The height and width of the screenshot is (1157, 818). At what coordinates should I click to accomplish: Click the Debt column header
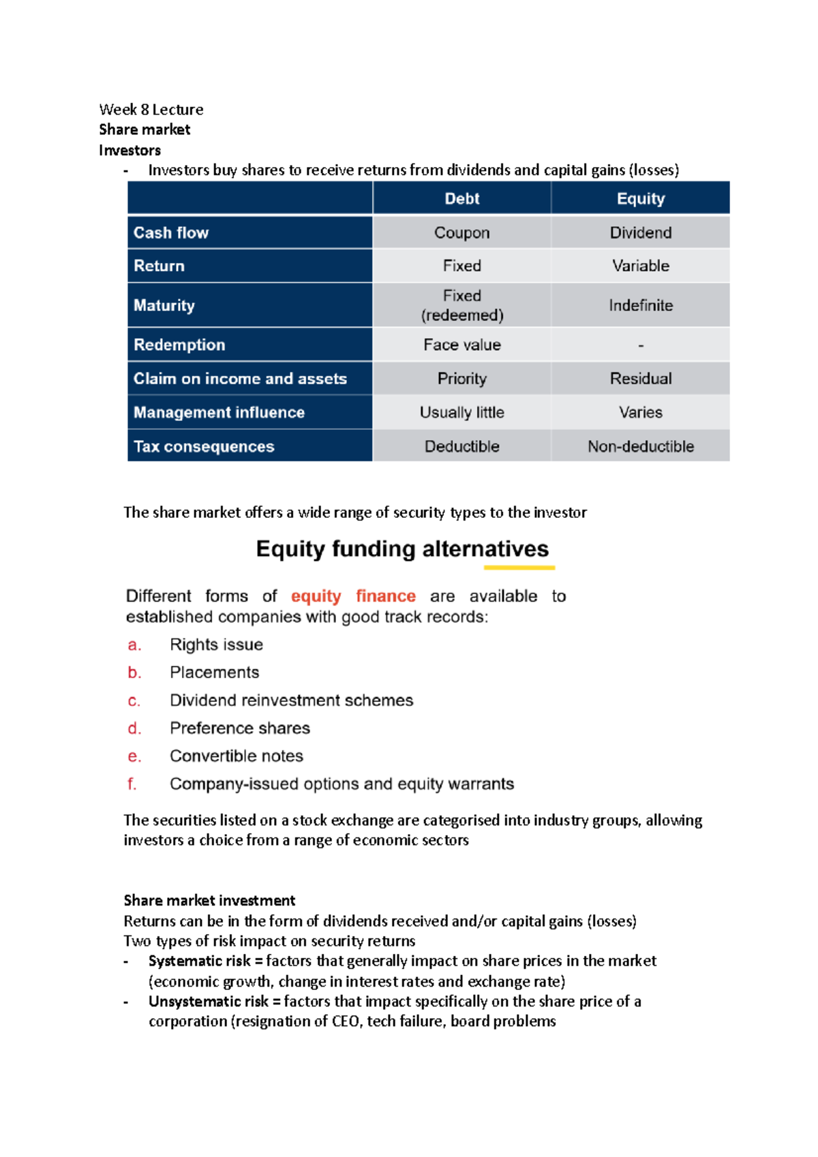pos(461,198)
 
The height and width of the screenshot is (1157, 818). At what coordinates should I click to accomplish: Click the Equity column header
pos(640,198)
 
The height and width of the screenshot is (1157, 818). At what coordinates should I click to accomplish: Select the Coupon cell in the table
pos(461,232)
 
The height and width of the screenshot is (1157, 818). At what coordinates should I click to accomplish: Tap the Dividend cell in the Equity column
pos(640,232)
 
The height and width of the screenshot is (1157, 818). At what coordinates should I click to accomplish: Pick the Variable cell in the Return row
pos(640,266)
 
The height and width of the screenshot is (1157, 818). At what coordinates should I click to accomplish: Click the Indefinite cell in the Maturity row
pos(640,305)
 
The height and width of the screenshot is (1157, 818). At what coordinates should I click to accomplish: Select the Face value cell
pos(461,345)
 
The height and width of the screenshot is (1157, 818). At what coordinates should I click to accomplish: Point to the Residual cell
pos(640,378)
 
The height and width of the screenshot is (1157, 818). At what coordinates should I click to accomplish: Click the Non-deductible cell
pos(640,446)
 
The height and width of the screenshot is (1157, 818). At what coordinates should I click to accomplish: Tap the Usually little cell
pos(461,412)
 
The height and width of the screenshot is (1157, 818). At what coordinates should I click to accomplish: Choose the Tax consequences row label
pos(204,446)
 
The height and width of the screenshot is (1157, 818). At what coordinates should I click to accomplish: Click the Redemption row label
pos(179,345)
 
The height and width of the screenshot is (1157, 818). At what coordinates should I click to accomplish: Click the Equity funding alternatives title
pos(402,549)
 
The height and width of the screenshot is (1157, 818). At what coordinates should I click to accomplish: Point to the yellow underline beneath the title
pos(519,567)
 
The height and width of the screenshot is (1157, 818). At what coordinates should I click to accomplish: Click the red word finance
pos(385,596)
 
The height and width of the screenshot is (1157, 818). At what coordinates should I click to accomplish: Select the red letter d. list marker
pos(134,728)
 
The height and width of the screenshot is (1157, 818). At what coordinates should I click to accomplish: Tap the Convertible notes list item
pos(236,756)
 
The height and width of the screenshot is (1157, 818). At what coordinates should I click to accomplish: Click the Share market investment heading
pos(209,900)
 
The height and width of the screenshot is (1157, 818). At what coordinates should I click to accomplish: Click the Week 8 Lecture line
pos(151,109)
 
